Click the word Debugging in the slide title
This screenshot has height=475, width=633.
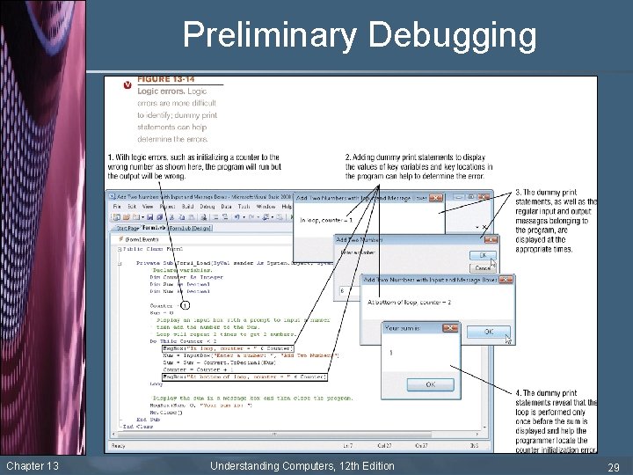453,36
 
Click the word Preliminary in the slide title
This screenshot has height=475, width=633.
269,36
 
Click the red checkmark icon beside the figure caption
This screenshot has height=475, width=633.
128,84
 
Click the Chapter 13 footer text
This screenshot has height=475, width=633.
32,465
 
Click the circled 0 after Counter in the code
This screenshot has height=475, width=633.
186,305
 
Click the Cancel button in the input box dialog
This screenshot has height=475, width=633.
483,267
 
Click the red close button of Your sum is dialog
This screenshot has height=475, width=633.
451,327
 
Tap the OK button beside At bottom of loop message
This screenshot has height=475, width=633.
488,332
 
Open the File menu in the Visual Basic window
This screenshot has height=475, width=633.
116,206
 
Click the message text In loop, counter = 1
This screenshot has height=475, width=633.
325,220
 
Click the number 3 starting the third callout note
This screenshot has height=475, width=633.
517,192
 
